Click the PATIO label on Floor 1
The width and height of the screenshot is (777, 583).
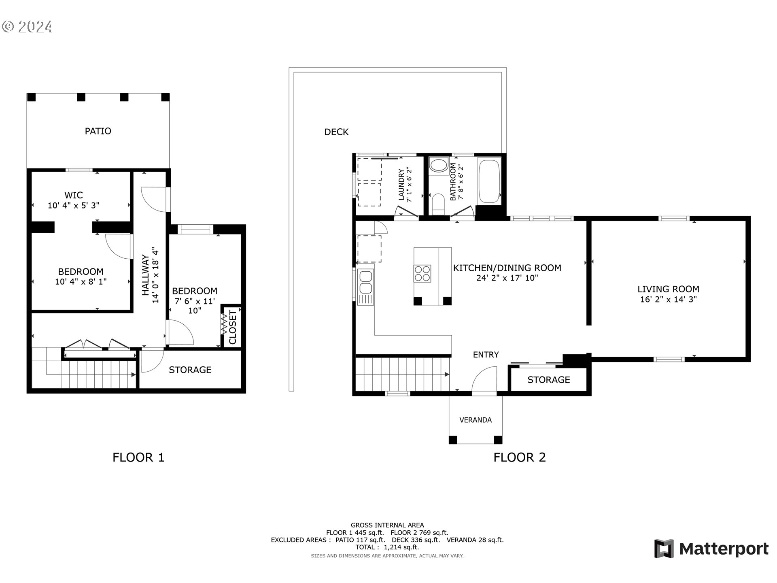(x=98, y=131)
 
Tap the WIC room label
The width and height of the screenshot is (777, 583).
(x=73, y=195)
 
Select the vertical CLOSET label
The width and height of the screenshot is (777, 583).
(x=233, y=327)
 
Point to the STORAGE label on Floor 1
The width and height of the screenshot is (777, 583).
(x=190, y=370)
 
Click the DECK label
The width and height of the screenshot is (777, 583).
(x=336, y=132)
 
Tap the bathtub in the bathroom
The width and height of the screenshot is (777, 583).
(x=489, y=181)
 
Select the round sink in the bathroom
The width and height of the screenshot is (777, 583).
(x=438, y=166)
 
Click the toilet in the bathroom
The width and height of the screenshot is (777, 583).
(x=438, y=203)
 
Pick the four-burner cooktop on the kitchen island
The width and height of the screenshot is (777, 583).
(x=422, y=273)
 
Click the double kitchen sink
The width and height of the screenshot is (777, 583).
(x=366, y=282)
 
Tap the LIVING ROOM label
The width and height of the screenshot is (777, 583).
(x=668, y=289)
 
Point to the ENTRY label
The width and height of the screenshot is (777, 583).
(x=486, y=355)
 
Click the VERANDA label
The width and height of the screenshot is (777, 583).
(x=476, y=420)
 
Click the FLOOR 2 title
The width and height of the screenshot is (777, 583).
(x=519, y=457)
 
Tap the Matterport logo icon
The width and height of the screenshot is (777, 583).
(x=664, y=549)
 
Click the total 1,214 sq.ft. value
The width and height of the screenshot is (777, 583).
(x=401, y=547)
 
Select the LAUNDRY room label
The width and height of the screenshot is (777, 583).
(x=401, y=185)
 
